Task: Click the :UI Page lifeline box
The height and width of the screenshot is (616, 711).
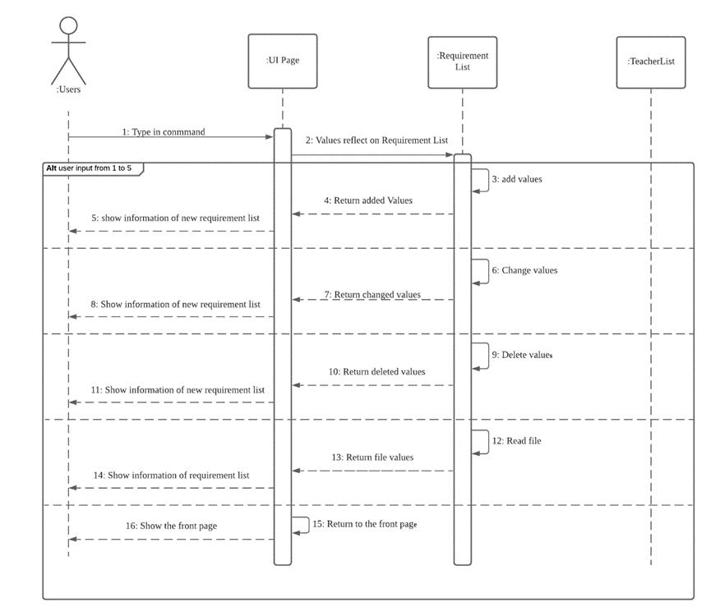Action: coord(282,61)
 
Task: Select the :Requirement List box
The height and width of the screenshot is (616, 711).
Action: coord(462,61)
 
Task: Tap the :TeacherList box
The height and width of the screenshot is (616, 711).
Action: coord(650,61)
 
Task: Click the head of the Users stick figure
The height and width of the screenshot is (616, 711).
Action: coord(69,25)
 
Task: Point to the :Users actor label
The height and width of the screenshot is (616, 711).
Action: coord(68,90)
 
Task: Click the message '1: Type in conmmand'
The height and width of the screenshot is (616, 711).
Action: coord(163,131)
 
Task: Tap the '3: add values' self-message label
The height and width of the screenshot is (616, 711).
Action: coord(517,178)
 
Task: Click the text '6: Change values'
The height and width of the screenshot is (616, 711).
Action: coord(524,269)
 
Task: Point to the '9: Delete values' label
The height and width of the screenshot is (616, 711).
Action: coord(521,355)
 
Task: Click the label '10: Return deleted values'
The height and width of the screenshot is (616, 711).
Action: coord(377,371)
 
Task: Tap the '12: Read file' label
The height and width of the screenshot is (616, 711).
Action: coord(516,440)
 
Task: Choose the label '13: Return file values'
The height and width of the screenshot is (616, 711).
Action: coord(373,457)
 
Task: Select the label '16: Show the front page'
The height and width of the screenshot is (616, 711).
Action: coord(172,526)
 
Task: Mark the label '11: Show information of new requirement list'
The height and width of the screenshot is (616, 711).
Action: coord(178,389)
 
